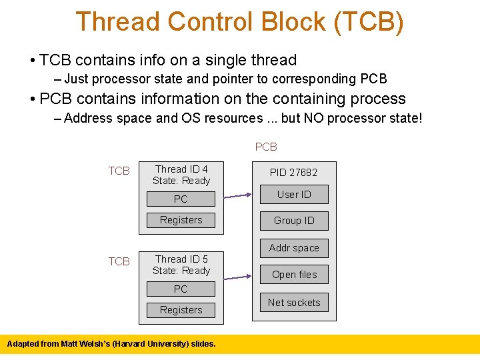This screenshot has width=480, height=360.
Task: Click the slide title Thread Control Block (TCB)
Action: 239,21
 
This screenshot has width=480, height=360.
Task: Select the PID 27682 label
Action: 293,172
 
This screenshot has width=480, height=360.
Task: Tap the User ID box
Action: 294,194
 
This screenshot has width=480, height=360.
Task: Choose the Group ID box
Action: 294,221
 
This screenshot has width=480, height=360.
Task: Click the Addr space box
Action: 294,248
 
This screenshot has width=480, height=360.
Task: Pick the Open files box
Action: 294,274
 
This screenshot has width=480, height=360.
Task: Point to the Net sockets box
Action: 294,302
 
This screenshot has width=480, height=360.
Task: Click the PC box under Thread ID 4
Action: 181,199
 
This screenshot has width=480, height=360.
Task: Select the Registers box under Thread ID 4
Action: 181,220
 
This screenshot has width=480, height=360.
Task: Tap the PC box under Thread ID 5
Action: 181,289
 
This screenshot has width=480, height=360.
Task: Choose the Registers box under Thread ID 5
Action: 181,310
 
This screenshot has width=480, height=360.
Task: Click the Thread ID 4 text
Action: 181,169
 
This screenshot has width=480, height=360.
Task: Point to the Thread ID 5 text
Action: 181,259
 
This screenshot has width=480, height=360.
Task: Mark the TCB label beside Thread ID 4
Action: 119,171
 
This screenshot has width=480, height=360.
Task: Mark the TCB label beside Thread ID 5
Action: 119,261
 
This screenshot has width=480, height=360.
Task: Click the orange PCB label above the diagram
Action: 266,147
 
